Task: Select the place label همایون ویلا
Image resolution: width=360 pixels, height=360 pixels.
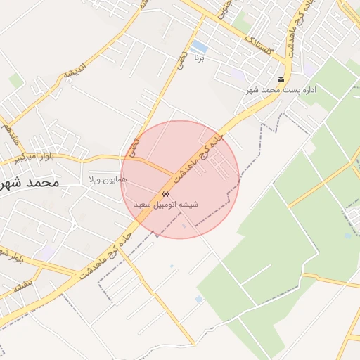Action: pos(108,181)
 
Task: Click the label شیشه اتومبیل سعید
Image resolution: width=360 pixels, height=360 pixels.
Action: pos(166,205)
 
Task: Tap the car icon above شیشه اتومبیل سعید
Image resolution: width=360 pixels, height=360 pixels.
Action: pos(165,193)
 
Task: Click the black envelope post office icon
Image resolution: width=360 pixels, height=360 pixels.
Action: pos(281,79)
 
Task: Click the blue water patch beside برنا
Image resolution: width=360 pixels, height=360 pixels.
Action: pos(199,46)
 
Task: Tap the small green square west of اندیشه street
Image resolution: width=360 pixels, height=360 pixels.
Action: pos(15,82)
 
